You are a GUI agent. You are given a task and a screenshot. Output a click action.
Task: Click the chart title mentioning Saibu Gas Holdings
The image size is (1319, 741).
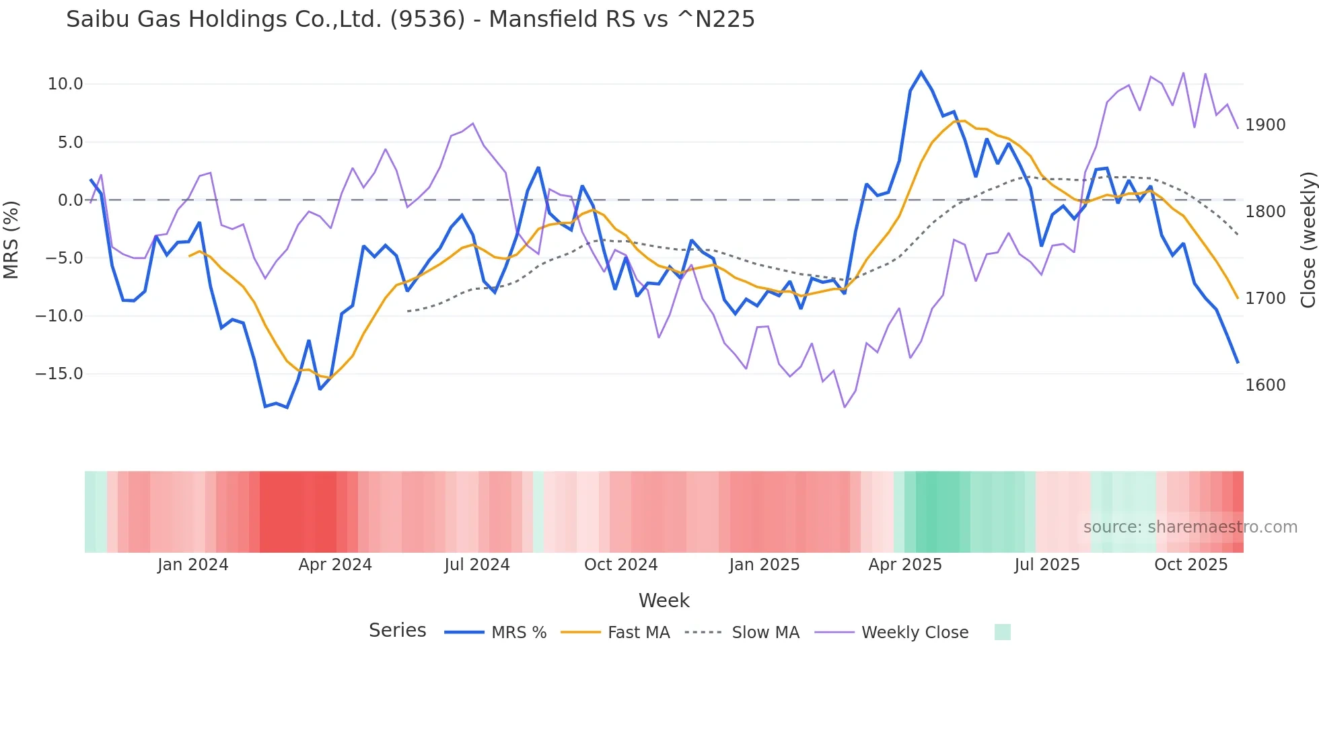coord(410,19)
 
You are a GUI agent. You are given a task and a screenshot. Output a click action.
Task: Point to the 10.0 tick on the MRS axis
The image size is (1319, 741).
coord(65,84)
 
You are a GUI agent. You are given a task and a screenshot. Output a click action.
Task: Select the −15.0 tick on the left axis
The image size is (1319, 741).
coord(59,374)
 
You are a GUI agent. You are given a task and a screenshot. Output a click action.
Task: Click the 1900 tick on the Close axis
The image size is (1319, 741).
coord(1265,125)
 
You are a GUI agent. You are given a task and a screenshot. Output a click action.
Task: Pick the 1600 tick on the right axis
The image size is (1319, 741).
coord(1265,385)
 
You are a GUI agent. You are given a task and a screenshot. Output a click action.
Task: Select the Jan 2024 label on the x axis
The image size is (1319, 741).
coord(192,565)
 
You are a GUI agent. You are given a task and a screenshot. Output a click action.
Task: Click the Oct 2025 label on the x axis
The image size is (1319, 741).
coord(1190,565)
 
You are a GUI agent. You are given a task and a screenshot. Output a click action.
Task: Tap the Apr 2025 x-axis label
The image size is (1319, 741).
coord(904,565)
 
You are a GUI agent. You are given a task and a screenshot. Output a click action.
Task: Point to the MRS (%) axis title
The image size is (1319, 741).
coord(11,239)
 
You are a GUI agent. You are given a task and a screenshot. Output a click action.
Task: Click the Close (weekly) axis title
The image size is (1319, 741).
coord(1308,239)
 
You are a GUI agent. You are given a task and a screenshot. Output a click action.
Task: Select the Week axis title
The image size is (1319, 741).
coord(664,600)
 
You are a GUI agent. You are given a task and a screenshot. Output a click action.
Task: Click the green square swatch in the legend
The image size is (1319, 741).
coord(1002,632)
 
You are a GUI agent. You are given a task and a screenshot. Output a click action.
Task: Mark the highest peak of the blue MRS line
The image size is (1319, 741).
coord(921,72)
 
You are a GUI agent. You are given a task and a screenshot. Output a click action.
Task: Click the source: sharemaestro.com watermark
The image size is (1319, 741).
coord(1190,527)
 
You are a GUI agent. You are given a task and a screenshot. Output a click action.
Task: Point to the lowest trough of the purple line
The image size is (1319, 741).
coord(845,407)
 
